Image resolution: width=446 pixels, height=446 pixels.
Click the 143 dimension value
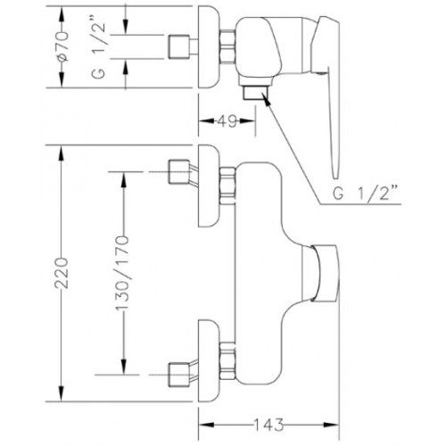click(x=268, y=425)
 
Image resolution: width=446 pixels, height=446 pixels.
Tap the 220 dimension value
click(x=62, y=273)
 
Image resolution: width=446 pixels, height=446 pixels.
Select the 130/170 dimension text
click(x=122, y=273)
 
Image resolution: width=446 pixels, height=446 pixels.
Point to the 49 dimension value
click(x=227, y=121)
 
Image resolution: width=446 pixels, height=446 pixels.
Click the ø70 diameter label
click(x=63, y=46)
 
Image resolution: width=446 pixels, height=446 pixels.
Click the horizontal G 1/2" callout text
click(x=366, y=194)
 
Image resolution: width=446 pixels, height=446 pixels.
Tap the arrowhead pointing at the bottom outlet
click(x=267, y=100)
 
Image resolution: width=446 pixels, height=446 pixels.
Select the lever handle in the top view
click(x=328, y=89)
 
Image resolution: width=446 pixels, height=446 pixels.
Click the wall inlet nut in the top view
click(x=179, y=46)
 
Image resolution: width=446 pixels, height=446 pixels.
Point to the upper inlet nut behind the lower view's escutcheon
click(x=179, y=172)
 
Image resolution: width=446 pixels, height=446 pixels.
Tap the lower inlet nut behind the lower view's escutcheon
click(x=179, y=375)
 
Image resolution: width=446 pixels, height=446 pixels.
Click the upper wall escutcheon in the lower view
click(x=210, y=186)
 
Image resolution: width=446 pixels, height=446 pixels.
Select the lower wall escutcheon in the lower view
click(x=210, y=360)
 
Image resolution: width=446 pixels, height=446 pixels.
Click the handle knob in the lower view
click(x=325, y=274)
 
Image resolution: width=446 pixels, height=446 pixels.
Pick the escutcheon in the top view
click(x=210, y=46)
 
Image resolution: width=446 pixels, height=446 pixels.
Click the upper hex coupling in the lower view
click(x=227, y=186)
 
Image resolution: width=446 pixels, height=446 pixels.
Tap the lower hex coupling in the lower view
click(x=227, y=360)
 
